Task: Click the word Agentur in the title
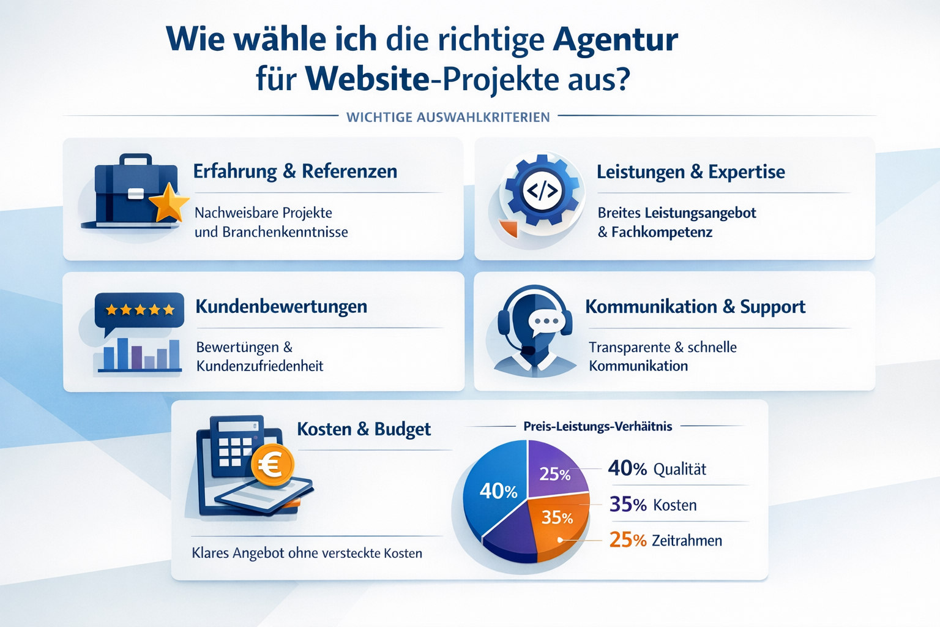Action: pos(615,40)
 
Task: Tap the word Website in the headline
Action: pos(367,80)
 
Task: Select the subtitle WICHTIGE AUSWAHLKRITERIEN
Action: pos(448,117)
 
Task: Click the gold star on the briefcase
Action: pos(169,204)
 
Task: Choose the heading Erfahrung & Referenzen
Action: pos(295,171)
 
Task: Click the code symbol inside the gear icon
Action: pos(542,191)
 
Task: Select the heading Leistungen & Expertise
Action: pos(690,172)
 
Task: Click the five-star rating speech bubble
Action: pos(140,310)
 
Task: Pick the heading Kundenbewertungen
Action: pos(281,306)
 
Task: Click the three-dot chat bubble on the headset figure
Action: pos(546,321)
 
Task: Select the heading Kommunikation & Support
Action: pos(695,307)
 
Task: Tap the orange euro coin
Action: pos(272,465)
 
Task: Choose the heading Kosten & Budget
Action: pos(364,429)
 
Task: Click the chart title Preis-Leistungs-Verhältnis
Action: pos(597,426)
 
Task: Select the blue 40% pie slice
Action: pos(497,490)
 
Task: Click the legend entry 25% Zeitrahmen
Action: pos(665,540)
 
